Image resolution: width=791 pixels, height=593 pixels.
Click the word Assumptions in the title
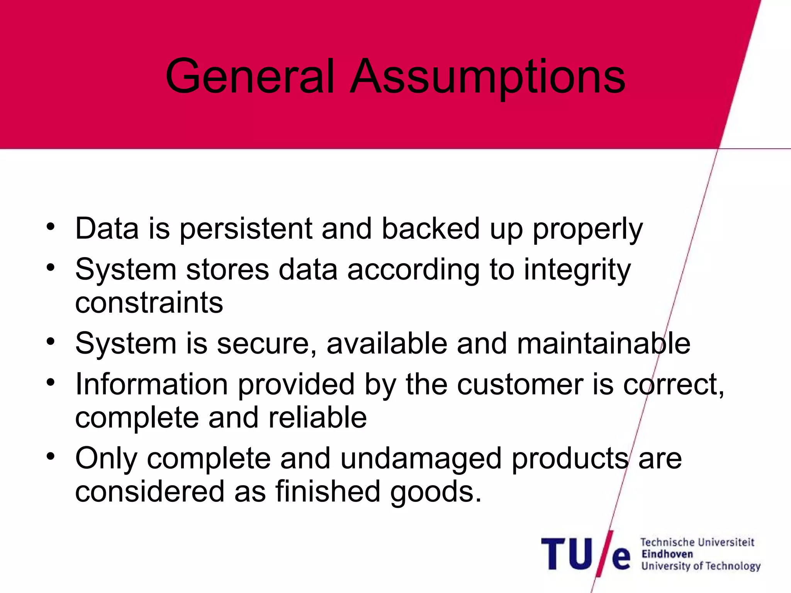pyautogui.click(x=487, y=77)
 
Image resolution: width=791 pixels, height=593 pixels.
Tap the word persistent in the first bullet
pyautogui.click(x=246, y=229)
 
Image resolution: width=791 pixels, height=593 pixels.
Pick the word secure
pyautogui.click(x=267, y=344)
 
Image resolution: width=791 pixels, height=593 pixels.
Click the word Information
pyautogui.click(x=152, y=385)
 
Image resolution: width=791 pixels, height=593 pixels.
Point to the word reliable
pyautogui.click(x=317, y=418)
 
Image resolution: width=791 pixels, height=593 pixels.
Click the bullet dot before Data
pyautogui.click(x=50, y=227)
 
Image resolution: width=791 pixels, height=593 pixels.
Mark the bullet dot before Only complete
pyautogui.click(x=50, y=456)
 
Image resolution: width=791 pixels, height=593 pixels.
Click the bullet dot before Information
pyautogui.click(x=50, y=382)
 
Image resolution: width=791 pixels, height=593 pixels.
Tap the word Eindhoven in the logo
pyautogui.click(x=667, y=554)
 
